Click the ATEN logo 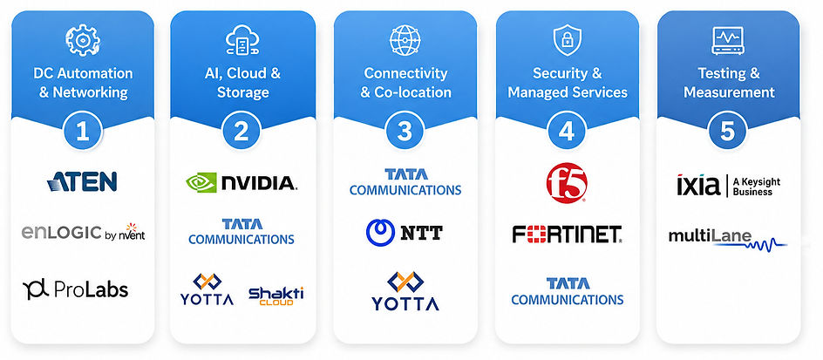pyautogui.click(x=82, y=181)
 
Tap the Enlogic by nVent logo pyautogui.click(x=83, y=232)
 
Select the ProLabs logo pyautogui.click(x=75, y=289)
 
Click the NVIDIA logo pyautogui.click(x=241, y=183)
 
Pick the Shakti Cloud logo pyautogui.click(x=276, y=295)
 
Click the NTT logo pyautogui.click(x=405, y=233)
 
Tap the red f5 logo pyautogui.click(x=567, y=183)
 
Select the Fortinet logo pyautogui.click(x=567, y=234)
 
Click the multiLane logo pyautogui.click(x=727, y=239)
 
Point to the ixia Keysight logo pyautogui.click(x=729, y=186)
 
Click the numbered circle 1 pyautogui.click(x=83, y=132)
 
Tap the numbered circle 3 pyautogui.click(x=405, y=132)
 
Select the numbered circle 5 pyautogui.click(x=727, y=132)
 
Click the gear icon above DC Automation pyautogui.click(x=83, y=40)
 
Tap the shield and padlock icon pyautogui.click(x=568, y=40)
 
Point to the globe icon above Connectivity pyautogui.click(x=405, y=40)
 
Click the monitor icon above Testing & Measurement pyautogui.click(x=727, y=40)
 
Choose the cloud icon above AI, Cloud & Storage pyautogui.click(x=242, y=40)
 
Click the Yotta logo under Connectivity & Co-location pyautogui.click(x=405, y=291)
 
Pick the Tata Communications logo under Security pyautogui.click(x=568, y=291)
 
